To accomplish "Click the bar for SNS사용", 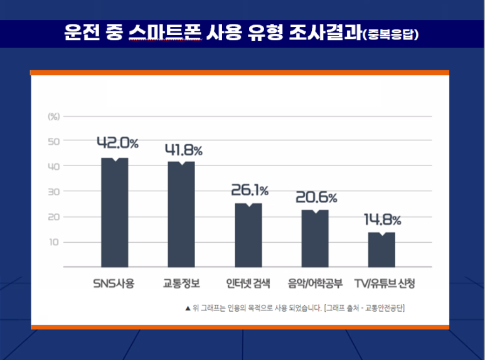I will (115, 213).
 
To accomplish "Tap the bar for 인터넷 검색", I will (248, 235).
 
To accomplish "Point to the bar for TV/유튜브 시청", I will (381, 250).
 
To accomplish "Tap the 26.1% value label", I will (250, 189).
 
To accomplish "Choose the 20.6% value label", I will (316, 197).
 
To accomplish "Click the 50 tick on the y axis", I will (54, 141).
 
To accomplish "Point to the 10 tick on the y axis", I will (54, 242).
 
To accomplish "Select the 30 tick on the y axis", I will (54, 191).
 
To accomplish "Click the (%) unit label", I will (54, 116).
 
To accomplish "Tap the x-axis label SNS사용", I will (114, 283).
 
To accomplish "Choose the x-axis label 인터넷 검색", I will (248, 283).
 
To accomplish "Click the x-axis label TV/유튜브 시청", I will (385, 283).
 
